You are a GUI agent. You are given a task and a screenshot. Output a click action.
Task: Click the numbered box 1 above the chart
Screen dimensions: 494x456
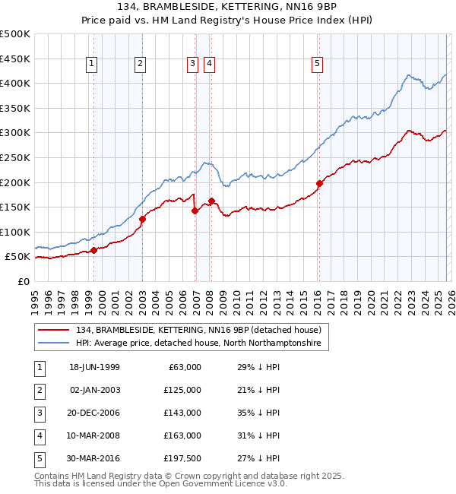point(91,65)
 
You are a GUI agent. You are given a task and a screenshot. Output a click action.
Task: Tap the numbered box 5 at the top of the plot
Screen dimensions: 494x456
point(317,65)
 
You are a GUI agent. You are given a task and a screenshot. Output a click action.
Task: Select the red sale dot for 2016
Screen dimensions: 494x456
point(319,183)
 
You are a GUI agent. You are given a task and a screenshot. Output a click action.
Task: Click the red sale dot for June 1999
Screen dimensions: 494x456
point(93,250)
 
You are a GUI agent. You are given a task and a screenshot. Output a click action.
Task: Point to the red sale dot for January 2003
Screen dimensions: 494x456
point(142,219)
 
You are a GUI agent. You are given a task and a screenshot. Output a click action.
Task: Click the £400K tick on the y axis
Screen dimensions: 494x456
point(15,83)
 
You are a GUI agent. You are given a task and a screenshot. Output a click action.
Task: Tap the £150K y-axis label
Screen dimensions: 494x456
point(15,207)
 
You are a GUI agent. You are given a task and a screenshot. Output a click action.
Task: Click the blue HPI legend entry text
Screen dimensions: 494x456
point(198,344)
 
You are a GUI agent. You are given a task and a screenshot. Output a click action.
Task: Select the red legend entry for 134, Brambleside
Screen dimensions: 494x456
point(201,330)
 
